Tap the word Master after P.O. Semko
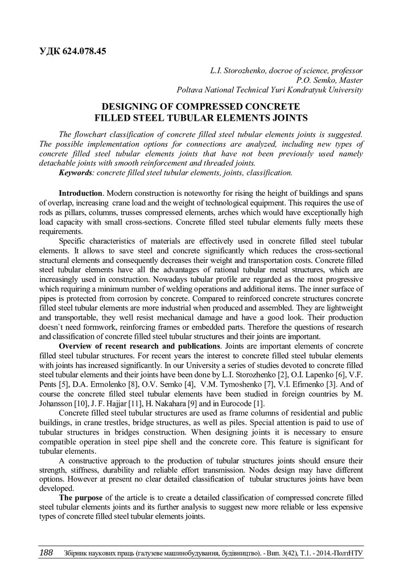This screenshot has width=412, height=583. click(349, 80)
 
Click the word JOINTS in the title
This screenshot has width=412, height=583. click(288, 118)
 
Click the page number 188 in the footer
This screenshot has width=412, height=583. click(46, 553)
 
